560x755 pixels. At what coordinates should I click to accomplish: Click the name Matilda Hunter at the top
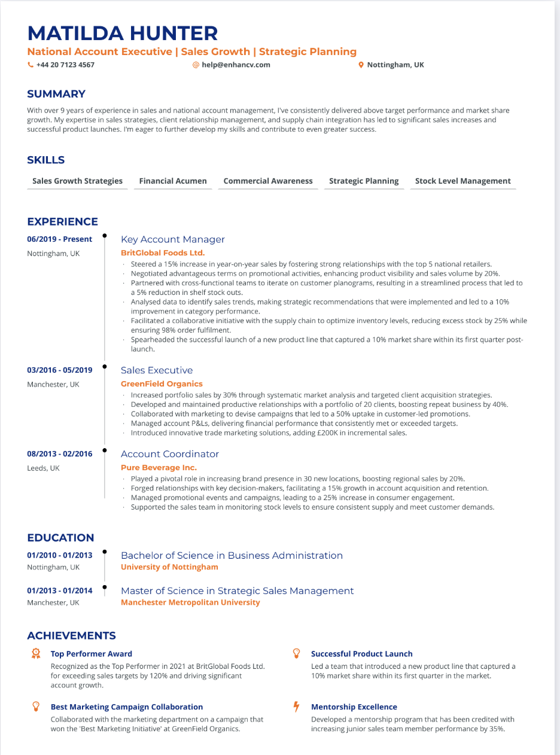click(123, 33)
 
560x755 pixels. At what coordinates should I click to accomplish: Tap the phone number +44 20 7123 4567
click(65, 65)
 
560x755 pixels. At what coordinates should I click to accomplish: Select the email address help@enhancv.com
click(235, 65)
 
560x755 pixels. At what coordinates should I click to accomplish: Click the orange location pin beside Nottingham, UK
click(361, 65)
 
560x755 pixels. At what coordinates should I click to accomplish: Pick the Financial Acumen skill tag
click(173, 181)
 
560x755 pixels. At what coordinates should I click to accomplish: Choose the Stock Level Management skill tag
click(462, 181)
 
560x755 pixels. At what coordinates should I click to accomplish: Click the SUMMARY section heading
click(56, 94)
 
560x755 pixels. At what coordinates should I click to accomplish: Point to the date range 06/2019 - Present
click(60, 239)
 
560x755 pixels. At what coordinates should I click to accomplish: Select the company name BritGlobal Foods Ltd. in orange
click(163, 253)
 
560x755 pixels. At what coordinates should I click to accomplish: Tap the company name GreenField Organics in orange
click(162, 384)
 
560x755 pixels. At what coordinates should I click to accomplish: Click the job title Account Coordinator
click(170, 454)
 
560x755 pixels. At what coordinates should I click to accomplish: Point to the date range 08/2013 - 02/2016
click(60, 454)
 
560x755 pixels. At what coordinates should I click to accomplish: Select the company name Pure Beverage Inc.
click(159, 468)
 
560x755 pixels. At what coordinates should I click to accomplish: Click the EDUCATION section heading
click(60, 538)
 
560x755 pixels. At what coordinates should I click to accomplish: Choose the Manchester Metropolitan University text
click(190, 602)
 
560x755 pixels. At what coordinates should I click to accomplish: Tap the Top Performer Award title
click(92, 654)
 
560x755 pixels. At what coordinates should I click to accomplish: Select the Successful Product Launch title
click(361, 654)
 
